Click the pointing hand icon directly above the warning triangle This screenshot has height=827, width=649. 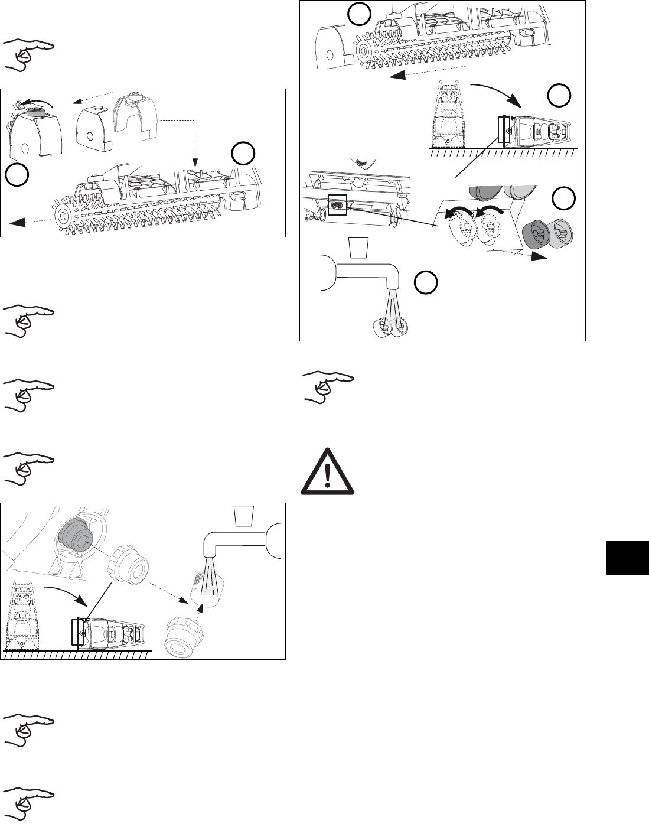point(328,388)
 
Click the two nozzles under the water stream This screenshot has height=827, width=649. point(389,325)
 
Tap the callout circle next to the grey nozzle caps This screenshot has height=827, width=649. point(564,198)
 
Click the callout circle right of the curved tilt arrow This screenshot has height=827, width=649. point(557,95)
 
